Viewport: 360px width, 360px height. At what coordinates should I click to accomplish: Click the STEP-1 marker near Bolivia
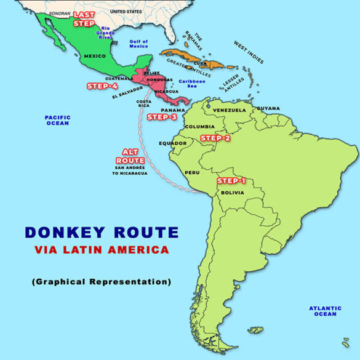(x=231, y=181)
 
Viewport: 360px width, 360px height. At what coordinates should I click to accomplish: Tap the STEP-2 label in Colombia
(x=215, y=138)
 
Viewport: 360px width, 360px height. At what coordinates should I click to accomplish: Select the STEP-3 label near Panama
(x=162, y=117)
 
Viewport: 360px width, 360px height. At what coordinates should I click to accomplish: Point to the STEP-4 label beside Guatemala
(x=102, y=86)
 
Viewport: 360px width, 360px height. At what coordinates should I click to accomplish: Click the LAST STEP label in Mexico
(x=84, y=18)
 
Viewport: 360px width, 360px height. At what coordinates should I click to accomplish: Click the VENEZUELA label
(x=230, y=111)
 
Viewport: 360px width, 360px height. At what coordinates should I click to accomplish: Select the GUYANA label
(x=268, y=108)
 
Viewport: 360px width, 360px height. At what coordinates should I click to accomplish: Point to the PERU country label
(x=192, y=172)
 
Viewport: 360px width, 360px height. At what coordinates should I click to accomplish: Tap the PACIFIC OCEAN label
(x=57, y=120)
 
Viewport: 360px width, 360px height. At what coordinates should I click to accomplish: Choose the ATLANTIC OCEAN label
(x=325, y=311)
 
